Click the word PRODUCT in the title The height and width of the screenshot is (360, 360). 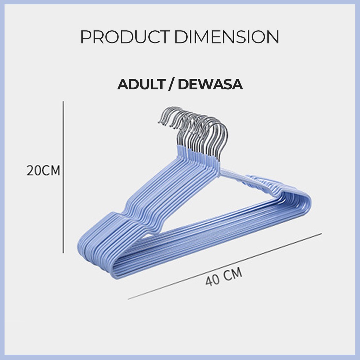coord(125,37)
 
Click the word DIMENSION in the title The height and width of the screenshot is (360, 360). coord(227,37)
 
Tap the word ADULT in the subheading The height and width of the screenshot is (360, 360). coord(141,84)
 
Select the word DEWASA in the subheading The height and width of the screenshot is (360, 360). coord(210,84)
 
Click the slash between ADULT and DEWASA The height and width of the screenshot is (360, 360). coord(171,84)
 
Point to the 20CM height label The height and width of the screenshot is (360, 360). coord(43,171)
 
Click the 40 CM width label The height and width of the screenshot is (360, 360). coord(224,276)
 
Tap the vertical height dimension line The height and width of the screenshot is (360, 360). coord(63,177)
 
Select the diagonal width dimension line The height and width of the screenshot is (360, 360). coord(225,266)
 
